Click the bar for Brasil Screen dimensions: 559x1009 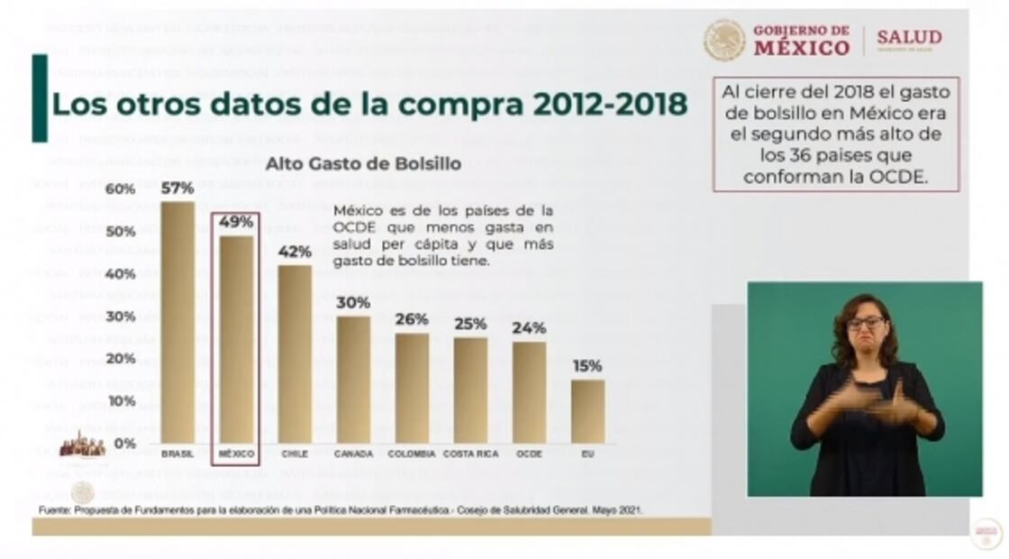pos(177,322)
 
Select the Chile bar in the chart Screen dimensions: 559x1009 pos(295,353)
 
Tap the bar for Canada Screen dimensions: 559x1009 pos(353,380)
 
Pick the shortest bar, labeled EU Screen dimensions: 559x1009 pos(587,411)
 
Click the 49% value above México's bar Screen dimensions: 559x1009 pos(236,222)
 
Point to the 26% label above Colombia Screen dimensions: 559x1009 pos(412,319)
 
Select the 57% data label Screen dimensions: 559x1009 pos(177,188)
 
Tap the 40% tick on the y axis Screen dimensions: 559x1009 pos(121,274)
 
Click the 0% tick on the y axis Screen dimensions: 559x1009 pos(125,444)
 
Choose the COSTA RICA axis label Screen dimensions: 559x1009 pos(471,454)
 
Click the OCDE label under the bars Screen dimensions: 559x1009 pos(529,454)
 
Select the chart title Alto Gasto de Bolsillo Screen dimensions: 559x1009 pos(362,165)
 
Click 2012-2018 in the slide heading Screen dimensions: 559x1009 pos(609,104)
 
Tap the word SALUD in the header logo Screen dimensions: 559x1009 pos(909,38)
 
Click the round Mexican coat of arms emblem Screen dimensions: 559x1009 pos(724,41)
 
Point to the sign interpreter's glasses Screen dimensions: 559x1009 pos(866,322)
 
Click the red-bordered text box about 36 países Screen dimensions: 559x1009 pos(836,133)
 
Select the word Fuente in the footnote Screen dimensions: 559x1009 pos(57,510)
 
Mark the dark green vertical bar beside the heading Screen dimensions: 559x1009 pos(40,98)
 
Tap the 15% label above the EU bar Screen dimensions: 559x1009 pos(587,366)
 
